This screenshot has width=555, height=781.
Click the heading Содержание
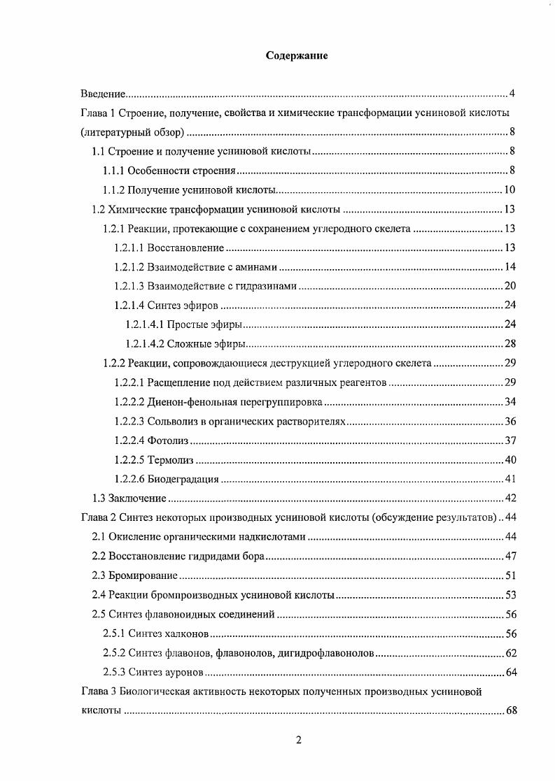(x=297, y=57)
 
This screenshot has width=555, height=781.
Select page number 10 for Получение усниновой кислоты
(x=510, y=189)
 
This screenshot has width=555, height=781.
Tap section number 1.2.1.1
(x=129, y=248)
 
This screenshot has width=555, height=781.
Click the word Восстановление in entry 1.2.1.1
(x=185, y=248)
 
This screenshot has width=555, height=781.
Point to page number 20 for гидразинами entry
(x=510, y=285)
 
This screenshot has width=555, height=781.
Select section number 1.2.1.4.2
(x=145, y=343)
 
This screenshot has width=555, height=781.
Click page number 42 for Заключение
(x=510, y=498)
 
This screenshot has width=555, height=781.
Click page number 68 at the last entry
(x=510, y=711)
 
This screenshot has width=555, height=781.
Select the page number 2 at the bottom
(x=298, y=742)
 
